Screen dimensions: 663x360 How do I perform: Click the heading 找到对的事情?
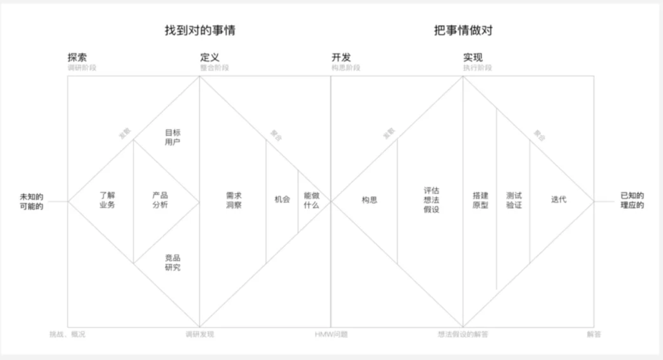click(200, 30)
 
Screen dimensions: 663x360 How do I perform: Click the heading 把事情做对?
click(463, 30)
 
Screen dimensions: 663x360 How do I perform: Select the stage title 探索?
click(77, 57)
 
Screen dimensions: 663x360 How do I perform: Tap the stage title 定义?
click(210, 57)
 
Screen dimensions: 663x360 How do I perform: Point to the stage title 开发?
click(341, 57)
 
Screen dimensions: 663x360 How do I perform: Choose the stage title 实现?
click(473, 57)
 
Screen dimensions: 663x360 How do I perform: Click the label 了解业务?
click(107, 200)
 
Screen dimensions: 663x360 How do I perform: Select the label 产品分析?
click(160, 200)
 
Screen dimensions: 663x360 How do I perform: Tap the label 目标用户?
click(173, 137)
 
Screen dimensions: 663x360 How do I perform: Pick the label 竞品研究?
click(173, 263)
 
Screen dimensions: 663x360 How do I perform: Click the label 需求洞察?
click(234, 200)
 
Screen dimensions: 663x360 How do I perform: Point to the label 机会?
click(282, 199)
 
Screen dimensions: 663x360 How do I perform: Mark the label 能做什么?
click(312, 200)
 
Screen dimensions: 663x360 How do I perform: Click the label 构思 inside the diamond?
click(369, 200)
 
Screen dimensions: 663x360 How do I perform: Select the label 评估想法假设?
click(431, 200)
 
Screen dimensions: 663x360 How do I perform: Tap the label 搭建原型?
click(480, 200)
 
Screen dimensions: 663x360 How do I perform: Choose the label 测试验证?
click(514, 200)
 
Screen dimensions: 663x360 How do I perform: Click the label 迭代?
click(558, 199)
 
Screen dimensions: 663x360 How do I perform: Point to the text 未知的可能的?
click(32, 202)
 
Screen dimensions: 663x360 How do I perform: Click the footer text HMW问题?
click(331, 334)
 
